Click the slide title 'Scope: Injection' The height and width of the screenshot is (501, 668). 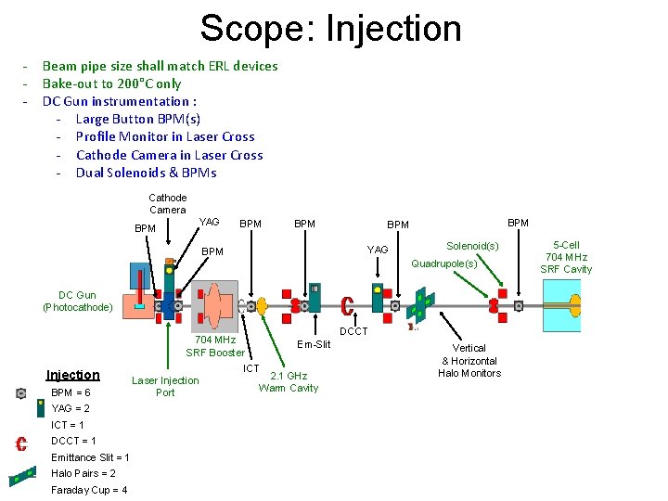click(330, 29)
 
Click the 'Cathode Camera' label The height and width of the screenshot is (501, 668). click(168, 204)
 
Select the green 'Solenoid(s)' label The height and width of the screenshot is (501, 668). click(472, 246)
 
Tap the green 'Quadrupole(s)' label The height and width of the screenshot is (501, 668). click(443, 263)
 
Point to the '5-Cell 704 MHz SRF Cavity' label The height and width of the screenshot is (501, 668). click(568, 257)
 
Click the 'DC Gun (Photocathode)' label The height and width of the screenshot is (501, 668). click(78, 302)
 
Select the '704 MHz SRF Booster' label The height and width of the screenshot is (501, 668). click(215, 346)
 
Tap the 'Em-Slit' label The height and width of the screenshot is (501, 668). click(313, 344)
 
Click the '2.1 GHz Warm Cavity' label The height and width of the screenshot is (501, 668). click(288, 382)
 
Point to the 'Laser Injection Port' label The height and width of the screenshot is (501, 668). click(165, 386)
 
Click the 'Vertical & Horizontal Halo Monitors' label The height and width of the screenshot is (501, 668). click(470, 361)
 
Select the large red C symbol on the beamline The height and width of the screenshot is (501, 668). click(347, 306)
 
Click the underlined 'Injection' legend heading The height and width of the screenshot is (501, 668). click(73, 375)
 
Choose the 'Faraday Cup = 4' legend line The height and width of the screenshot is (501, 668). click(89, 490)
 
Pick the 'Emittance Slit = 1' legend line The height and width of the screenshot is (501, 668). click(90, 457)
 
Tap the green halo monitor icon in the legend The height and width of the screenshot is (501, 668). click(21, 478)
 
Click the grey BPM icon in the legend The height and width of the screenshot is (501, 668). click(20, 393)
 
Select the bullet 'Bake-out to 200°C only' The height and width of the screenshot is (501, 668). click(111, 83)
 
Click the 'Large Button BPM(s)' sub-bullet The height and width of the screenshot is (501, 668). click(137, 119)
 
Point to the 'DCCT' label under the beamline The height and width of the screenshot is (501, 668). click(353, 331)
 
